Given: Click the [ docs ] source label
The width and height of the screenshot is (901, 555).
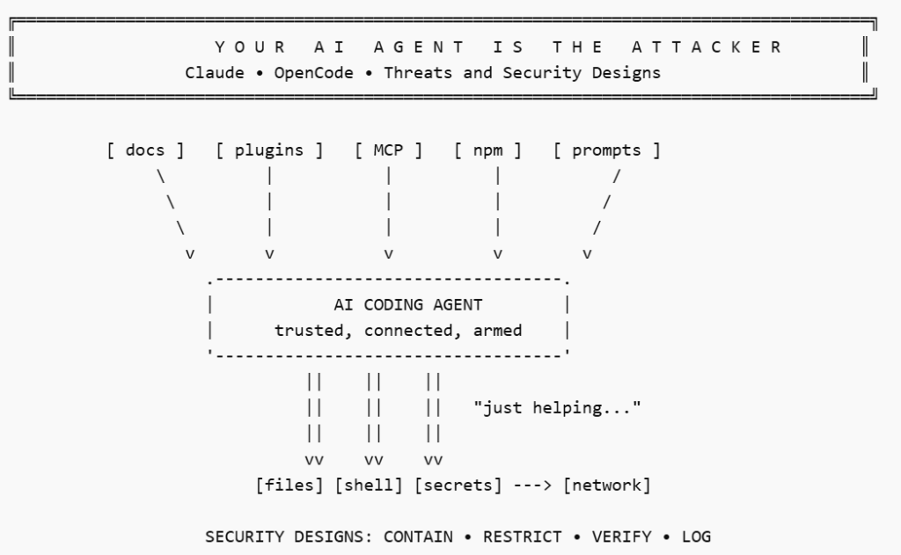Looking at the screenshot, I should point(146,150).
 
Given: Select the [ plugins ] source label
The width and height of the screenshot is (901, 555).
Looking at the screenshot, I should point(269,150).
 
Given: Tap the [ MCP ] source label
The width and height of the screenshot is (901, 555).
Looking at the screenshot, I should point(388,150).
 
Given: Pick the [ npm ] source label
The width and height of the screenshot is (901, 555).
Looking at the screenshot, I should point(487,150).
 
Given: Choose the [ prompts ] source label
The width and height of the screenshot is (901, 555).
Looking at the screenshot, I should point(607,150).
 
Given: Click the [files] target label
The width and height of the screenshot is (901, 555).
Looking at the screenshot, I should point(289,485).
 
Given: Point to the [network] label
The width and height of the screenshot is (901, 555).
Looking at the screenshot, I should point(607,485).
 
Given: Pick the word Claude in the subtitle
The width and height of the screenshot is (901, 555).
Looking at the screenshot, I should point(215,73).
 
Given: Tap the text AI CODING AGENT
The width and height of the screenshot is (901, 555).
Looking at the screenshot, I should point(408,306).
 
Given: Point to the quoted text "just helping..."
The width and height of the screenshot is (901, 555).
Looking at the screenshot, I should point(557,408).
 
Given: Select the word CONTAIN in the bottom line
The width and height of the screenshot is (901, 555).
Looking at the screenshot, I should point(418,537).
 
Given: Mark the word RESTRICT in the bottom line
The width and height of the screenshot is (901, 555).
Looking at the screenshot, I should point(523,537).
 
